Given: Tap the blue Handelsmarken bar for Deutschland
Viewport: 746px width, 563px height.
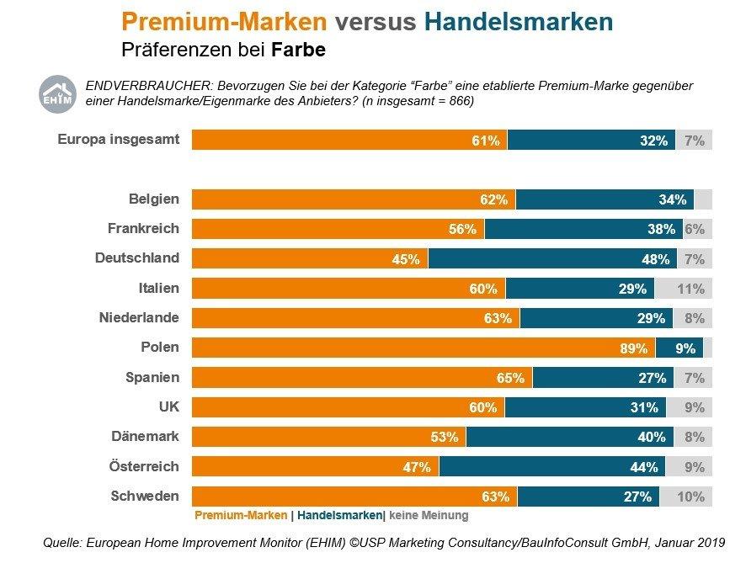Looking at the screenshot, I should (552, 258).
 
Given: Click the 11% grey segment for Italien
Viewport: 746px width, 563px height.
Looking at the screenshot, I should (683, 289).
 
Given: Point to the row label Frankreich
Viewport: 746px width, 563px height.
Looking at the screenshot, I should (143, 228).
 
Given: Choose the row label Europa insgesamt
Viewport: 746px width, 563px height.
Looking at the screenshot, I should (118, 140).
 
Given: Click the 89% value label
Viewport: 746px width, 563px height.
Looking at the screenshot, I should (633, 348).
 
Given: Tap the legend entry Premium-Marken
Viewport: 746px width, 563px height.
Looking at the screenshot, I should (242, 515).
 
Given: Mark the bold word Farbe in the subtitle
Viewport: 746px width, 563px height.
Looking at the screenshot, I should (298, 50).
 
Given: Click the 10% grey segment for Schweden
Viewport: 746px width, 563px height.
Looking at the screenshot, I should (685, 497).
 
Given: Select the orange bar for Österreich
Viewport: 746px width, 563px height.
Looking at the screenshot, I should (315, 466).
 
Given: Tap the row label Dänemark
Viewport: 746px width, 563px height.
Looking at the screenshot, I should (145, 436).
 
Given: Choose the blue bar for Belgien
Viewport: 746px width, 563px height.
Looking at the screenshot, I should (605, 199).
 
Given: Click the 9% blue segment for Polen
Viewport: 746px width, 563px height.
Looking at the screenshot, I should (679, 348).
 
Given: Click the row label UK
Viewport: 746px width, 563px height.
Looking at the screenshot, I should (168, 406).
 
